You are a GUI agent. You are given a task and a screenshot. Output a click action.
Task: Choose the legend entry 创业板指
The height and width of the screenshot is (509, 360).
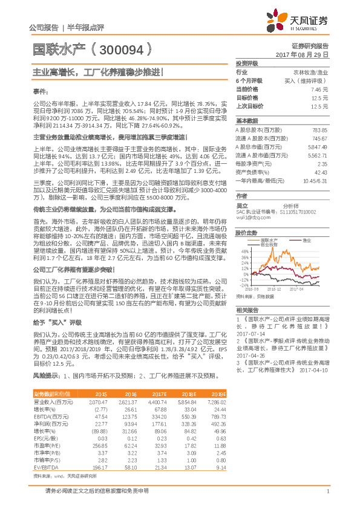click(269, 244)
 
